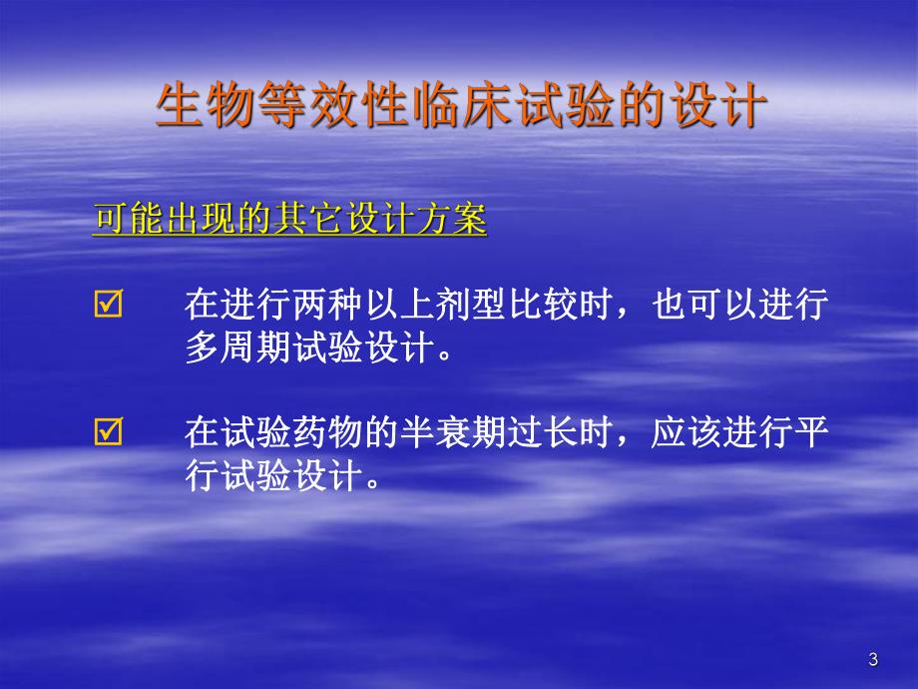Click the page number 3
(x=874, y=659)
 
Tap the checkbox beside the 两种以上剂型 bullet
(x=107, y=306)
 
